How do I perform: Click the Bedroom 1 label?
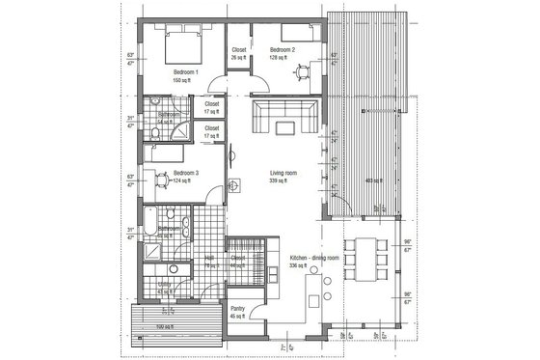(x=185, y=73)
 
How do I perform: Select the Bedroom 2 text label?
(x=282, y=49)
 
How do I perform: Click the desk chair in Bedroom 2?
(x=303, y=69)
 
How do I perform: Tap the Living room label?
(x=283, y=175)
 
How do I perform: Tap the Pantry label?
(x=238, y=311)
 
